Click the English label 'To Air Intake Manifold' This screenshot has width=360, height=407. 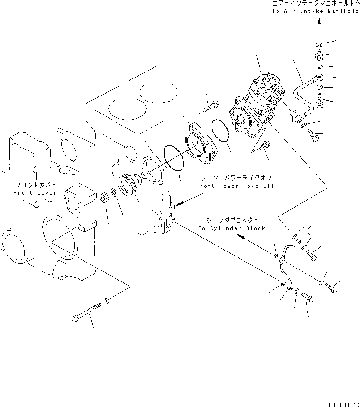click(314, 11)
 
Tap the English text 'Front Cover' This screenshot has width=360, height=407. click(35, 192)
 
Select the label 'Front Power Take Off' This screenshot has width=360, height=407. click(235, 186)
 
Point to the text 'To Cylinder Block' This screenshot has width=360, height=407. click(232, 228)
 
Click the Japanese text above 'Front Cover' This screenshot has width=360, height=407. click(35, 184)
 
